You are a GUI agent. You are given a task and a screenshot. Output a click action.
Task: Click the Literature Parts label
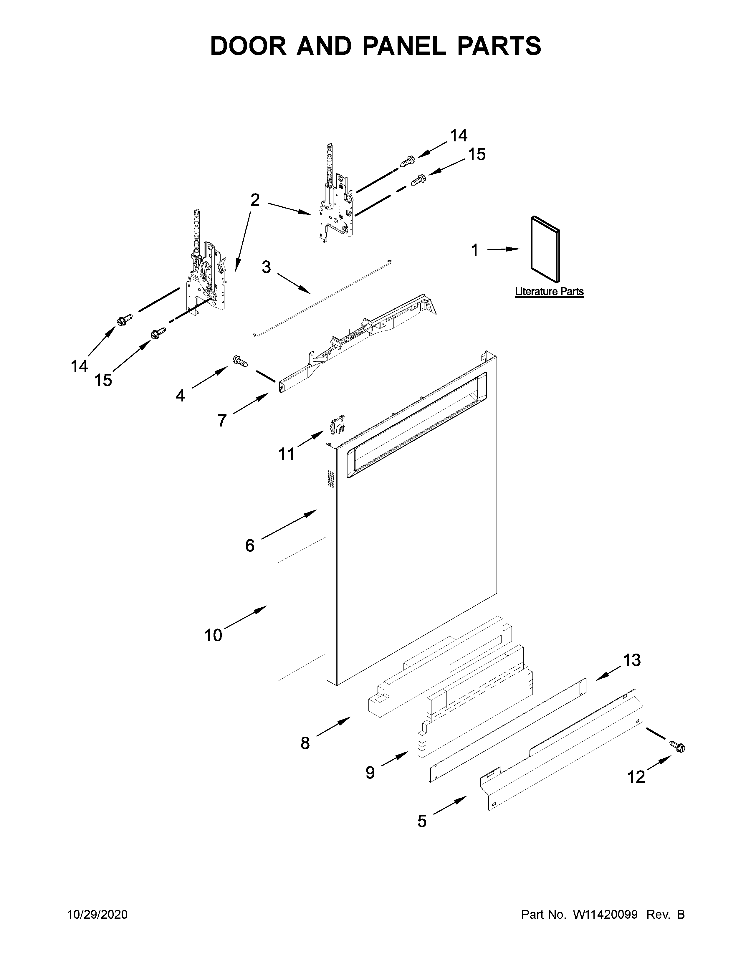point(549,292)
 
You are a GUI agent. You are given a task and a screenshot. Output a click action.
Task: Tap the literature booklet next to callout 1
point(545,249)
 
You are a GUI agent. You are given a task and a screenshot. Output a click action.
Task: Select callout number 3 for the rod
point(266,267)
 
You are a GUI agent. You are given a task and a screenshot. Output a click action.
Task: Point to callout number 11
point(287,454)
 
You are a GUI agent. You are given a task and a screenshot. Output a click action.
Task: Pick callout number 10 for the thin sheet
point(213,635)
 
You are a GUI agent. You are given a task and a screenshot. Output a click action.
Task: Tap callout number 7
point(222,420)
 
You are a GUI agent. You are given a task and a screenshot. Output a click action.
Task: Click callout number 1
point(475,251)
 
